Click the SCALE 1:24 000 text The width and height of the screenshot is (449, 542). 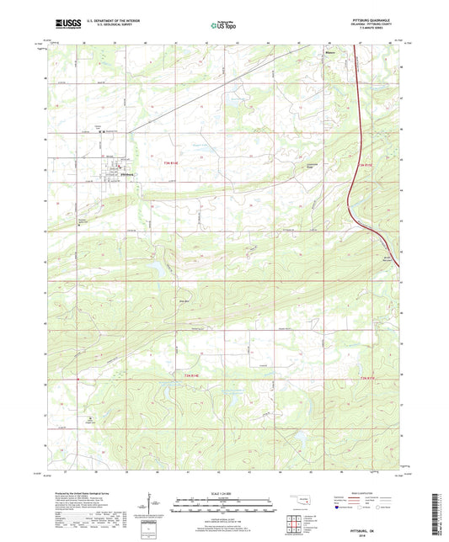[223, 493]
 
